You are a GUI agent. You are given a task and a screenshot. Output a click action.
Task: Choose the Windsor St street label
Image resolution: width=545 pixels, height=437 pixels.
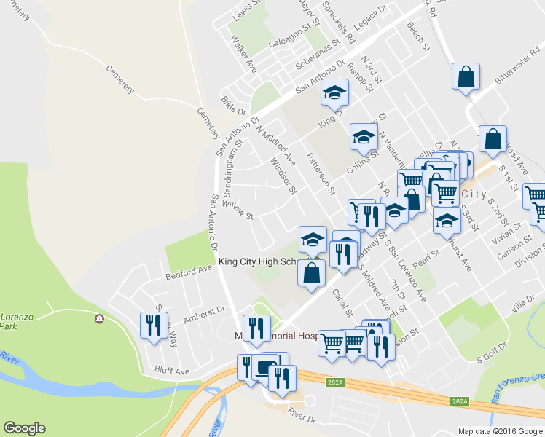click(x=283, y=176)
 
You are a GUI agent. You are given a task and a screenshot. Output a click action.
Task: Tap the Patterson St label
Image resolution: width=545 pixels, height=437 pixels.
click(x=321, y=173)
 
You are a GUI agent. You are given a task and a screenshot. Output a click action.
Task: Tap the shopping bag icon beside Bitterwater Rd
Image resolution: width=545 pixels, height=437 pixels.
click(x=466, y=76)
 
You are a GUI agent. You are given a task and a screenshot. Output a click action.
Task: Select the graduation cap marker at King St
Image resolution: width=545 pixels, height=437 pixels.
click(x=334, y=92)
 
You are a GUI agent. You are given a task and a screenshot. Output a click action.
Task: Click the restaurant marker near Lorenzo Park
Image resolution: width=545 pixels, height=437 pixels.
click(x=153, y=325)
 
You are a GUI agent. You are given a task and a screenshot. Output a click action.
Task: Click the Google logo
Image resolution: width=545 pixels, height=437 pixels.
click(x=25, y=428)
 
